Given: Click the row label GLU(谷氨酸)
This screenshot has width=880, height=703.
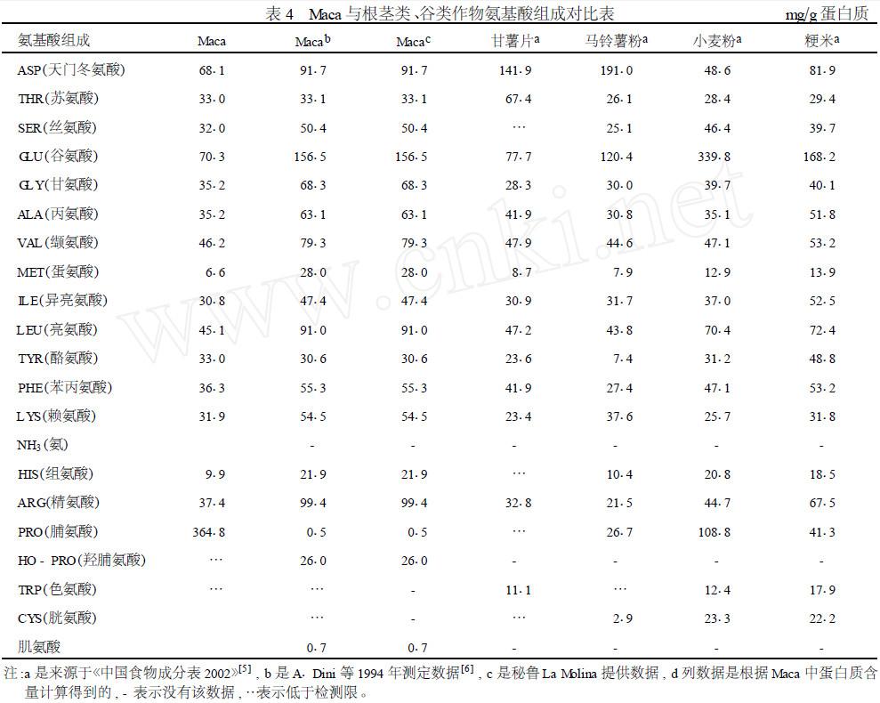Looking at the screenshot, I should (58, 156).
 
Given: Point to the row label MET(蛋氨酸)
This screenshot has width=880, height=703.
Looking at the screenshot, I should (58, 271).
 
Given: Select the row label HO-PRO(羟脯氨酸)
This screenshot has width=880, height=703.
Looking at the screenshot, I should (81, 561).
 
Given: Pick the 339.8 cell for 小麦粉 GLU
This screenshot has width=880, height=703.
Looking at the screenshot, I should (715, 157).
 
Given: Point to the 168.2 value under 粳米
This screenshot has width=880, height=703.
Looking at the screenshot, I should (819, 157).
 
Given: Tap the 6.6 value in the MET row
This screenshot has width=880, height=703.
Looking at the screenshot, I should (214, 272).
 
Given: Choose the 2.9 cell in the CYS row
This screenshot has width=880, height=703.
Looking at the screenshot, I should (619, 618).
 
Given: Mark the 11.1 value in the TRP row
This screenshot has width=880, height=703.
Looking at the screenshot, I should (519, 590).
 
